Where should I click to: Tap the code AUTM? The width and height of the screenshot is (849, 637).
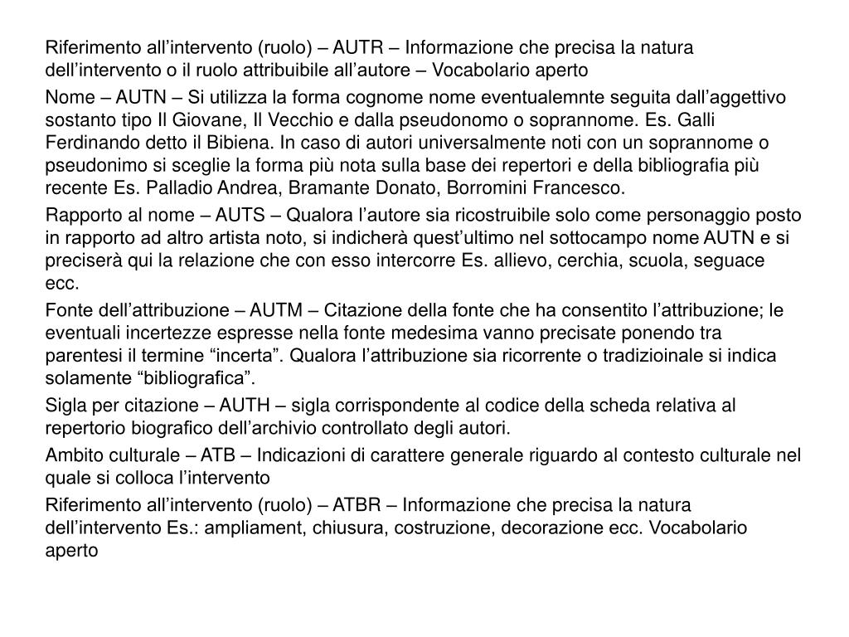click(279, 311)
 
